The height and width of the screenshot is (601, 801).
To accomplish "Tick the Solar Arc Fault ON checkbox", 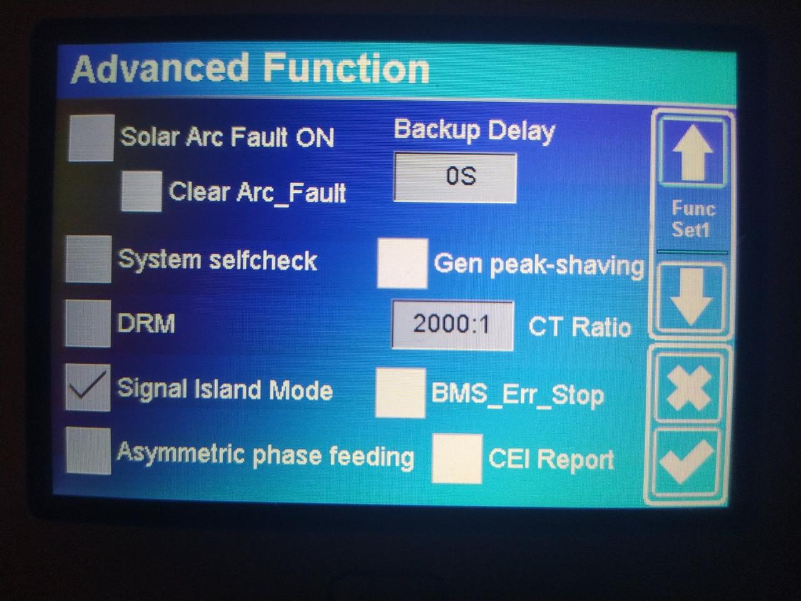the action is click(x=91, y=138).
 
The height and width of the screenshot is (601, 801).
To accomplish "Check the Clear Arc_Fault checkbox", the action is click(x=141, y=191).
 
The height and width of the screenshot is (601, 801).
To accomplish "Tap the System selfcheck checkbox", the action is click(x=88, y=259).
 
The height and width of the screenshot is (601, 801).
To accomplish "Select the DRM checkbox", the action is click(x=88, y=323).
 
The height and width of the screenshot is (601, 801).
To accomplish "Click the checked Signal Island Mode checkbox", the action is click(x=88, y=388).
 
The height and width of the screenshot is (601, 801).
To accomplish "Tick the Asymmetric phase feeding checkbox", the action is click(x=88, y=451).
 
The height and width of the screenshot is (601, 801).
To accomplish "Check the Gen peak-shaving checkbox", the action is click(x=402, y=264).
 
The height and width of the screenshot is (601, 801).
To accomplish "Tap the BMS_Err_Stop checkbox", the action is click(x=400, y=393).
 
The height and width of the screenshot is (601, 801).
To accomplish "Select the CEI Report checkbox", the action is click(x=457, y=459).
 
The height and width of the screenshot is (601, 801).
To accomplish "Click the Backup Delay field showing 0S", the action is click(x=455, y=177).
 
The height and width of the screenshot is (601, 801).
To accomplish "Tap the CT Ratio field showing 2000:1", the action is click(x=452, y=325).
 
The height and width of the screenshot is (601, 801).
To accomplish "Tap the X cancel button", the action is click(x=688, y=388).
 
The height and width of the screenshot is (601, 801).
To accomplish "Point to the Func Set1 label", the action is click(x=692, y=219).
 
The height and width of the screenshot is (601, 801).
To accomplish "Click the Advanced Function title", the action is click(x=250, y=69).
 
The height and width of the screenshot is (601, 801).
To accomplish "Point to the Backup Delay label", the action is click(x=474, y=131).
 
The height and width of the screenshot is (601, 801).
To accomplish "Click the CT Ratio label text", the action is click(x=579, y=326).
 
